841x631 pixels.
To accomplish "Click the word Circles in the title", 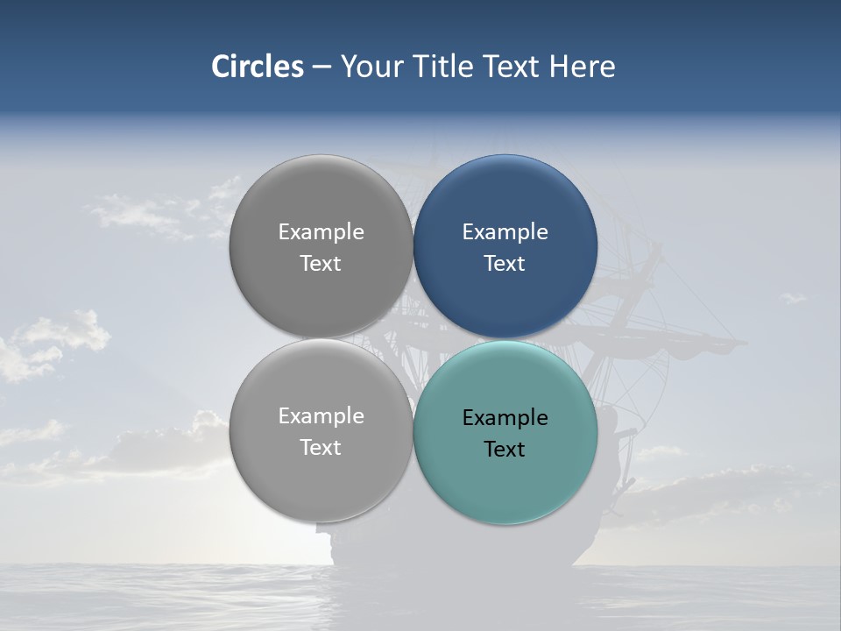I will coord(257,67).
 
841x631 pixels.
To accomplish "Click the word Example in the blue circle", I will coord(505,232).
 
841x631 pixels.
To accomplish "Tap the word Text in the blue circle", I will coord(505,264).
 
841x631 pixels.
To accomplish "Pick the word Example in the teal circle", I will coord(505,417).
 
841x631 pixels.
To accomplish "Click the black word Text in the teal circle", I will coord(505,450).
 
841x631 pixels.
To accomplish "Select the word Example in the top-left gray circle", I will coord(321,232).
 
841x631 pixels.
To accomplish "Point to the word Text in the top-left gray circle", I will coord(321,264).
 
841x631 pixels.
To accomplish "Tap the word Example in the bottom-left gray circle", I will coord(321,416).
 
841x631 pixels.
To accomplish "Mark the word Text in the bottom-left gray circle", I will coord(321,448).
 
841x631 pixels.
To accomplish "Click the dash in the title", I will coord(321,67).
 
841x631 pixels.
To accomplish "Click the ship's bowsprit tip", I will coord(741,341).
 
